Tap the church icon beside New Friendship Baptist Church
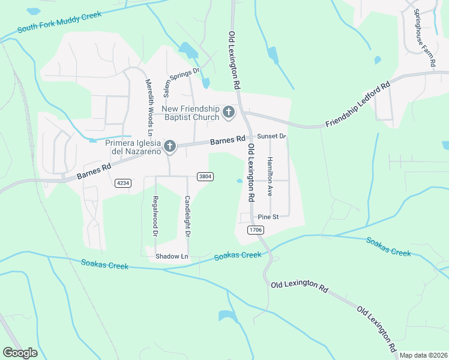pyautogui.click(x=228, y=112)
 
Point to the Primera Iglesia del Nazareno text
pyautogui.click(x=133, y=147)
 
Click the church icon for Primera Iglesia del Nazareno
pyautogui.click(x=170, y=146)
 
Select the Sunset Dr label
pyautogui.click(x=272, y=136)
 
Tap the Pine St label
pyautogui.click(x=268, y=217)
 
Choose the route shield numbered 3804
pyautogui.click(x=205, y=176)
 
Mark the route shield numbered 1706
pyautogui.click(x=256, y=230)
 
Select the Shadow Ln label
pyautogui.click(x=172, y=256)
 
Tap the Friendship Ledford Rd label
pyautogui.click(x=358, y=106)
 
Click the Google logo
pyautogui.click(x=20, y=353)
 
